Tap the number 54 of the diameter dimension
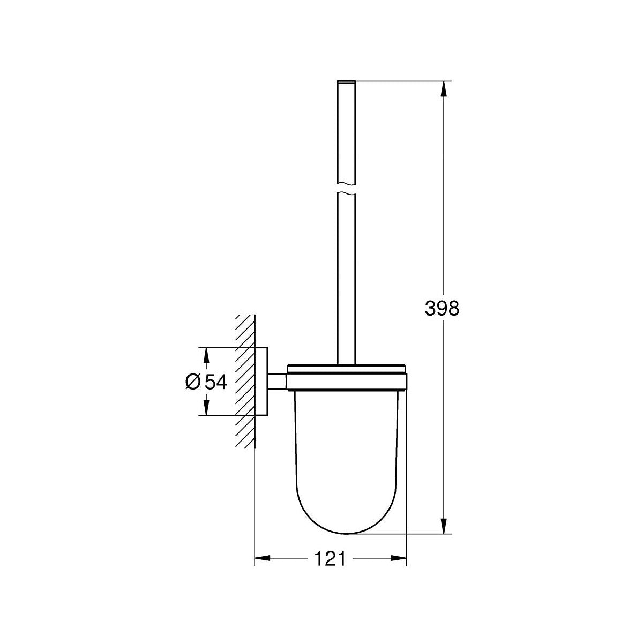[216, 382]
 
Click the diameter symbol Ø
[193, 382]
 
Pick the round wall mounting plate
[261, 382]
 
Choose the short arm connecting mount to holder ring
[277, 381]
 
